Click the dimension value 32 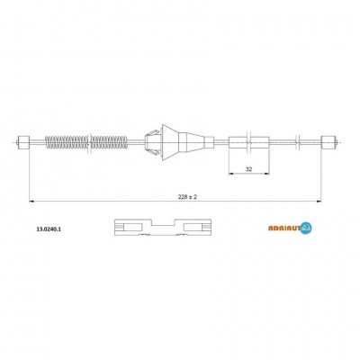tap(248, 169)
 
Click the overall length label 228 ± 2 tap(187, 197)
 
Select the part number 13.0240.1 tap(49, 229)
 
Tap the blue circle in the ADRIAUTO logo tap(306, 229)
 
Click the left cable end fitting tap(23, 142)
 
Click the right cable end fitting tap(327, 142)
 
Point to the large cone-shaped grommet tap(171, 142)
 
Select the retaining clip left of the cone tap(153, 142)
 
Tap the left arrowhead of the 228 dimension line tap(31, 202)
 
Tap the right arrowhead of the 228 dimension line tap(319, 202)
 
